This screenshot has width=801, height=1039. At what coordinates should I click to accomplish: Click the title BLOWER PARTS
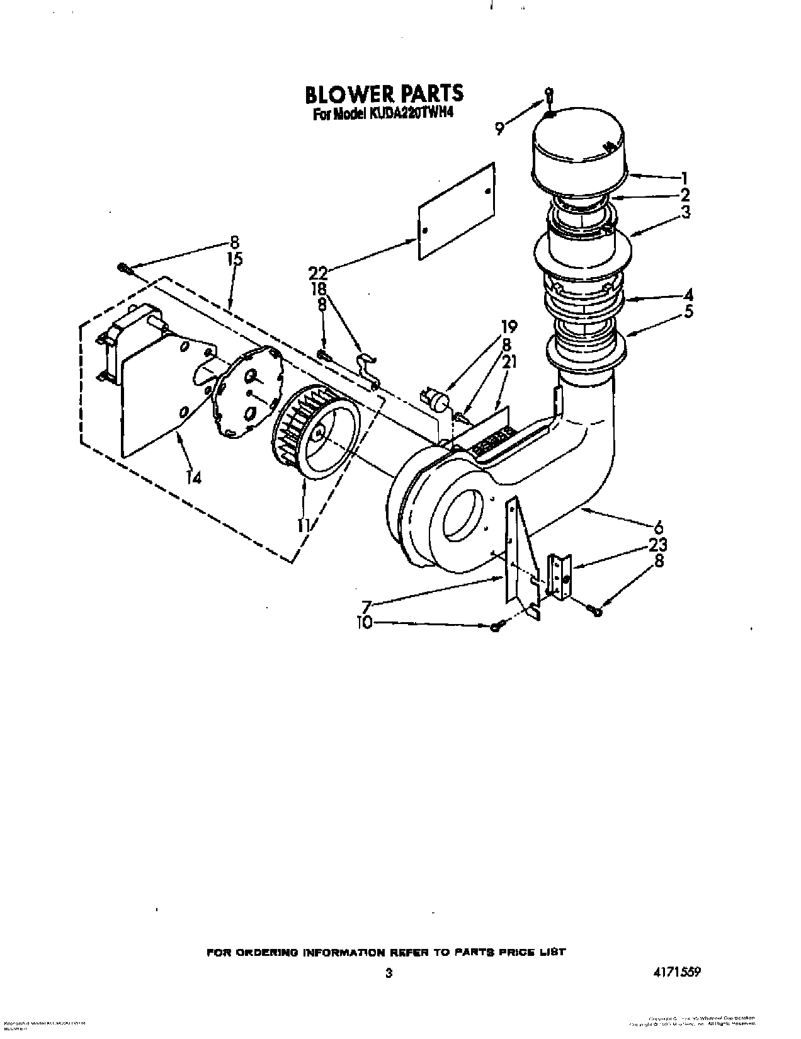point(384,94)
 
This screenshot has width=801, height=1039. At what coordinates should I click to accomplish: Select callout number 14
point(193,478)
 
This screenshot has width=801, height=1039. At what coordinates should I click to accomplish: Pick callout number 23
point(657,545)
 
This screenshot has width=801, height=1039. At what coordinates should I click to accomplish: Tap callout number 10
point(364,623)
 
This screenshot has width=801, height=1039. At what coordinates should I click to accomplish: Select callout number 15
point(234,259)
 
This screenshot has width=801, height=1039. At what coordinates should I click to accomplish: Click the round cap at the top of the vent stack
point(579,151)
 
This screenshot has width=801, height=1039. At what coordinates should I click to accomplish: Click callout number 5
point(688,311)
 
